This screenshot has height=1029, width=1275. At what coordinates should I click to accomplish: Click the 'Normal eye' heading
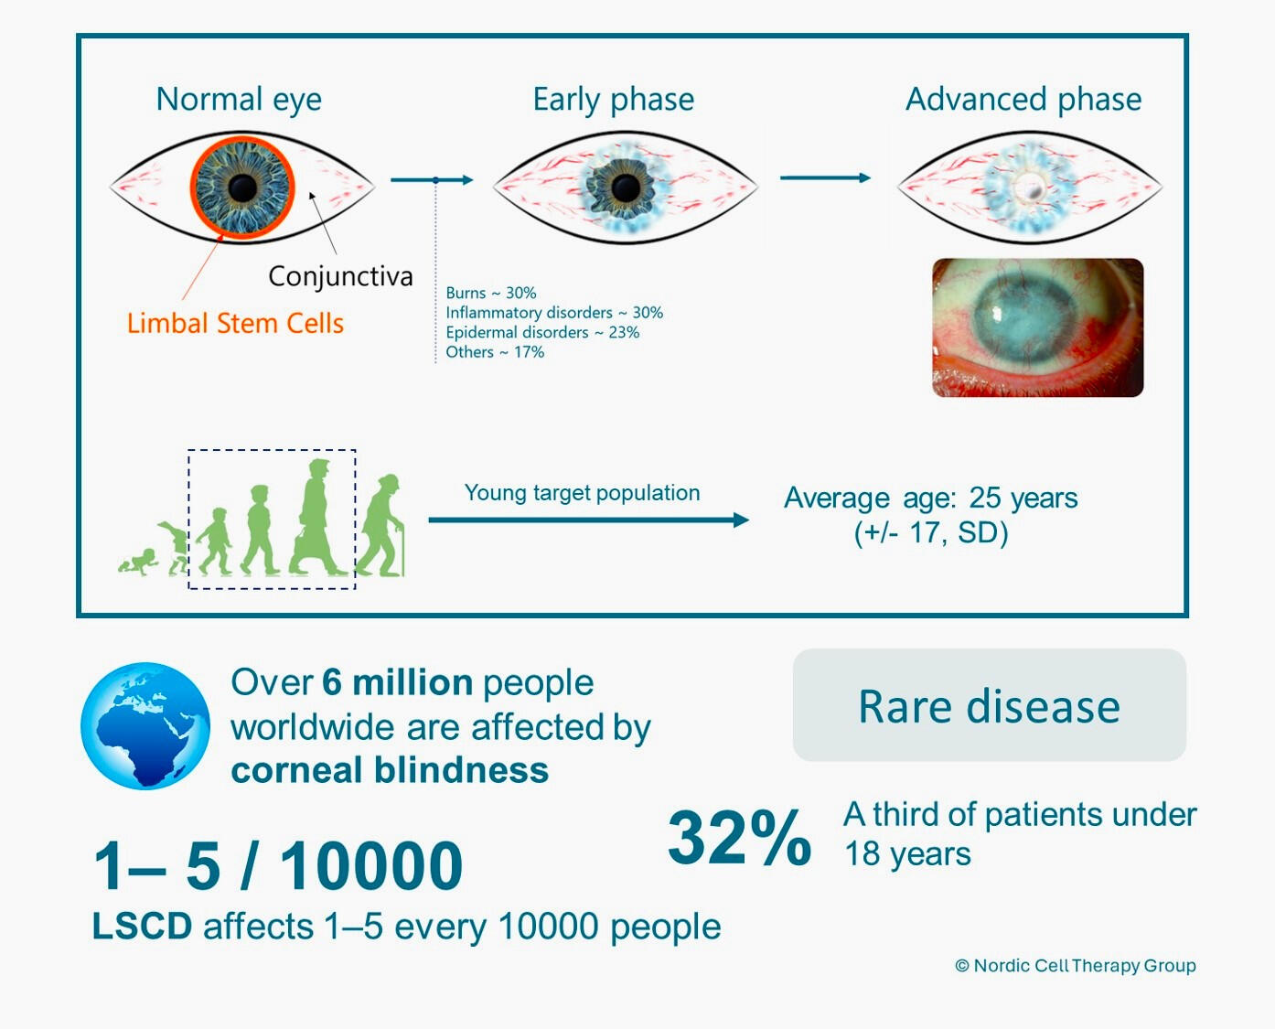239,100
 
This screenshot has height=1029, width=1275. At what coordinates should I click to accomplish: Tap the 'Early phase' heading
614,100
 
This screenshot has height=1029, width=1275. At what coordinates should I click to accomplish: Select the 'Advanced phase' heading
1023,100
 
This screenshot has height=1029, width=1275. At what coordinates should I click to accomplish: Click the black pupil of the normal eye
242,188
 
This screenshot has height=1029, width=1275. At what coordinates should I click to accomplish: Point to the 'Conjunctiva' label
340,277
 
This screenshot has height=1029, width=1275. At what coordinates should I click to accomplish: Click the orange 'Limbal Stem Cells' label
235,323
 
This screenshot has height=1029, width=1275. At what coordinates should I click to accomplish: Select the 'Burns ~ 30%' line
491,293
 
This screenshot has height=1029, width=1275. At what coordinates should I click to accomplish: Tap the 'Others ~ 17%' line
495,352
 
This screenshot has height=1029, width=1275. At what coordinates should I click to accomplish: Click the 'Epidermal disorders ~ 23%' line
542,332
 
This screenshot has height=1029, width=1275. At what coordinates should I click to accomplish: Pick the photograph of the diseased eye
1038,327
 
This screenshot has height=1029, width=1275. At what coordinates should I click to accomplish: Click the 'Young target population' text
583,493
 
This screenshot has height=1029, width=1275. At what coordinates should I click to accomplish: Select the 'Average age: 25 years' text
931,498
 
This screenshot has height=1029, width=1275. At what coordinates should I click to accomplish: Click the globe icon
145,725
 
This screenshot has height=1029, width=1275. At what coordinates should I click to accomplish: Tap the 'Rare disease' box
990,705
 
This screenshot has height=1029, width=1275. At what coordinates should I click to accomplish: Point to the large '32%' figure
739,838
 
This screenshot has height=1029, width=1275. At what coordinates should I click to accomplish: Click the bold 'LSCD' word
142,927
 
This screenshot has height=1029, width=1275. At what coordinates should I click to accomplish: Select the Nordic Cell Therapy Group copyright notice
1076,966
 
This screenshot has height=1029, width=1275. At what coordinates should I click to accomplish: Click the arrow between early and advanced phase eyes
826,177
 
